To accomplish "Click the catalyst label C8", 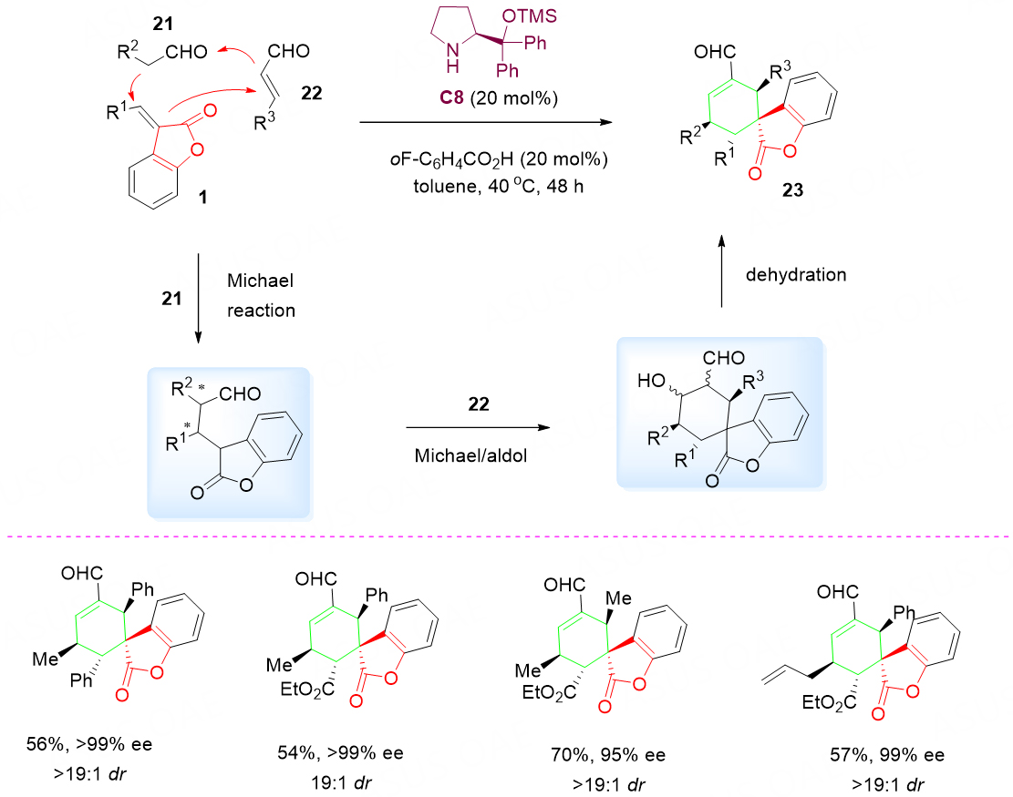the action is point(451,97).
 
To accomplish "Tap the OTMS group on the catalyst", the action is point(529,15).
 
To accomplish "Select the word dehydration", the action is point(796,275).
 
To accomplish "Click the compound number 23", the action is point(792,189).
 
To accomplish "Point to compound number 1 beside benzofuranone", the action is point(202,196).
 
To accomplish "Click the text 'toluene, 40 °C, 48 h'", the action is point(498,187).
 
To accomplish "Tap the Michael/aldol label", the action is point(471,455).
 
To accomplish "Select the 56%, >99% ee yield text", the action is point(89,744).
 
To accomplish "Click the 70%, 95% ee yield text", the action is point(608,755).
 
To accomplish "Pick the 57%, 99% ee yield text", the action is point(887,755).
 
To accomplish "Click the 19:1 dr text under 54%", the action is point(341,782).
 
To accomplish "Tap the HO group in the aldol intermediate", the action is point(651,382).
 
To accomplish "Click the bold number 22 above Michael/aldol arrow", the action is point(479,404).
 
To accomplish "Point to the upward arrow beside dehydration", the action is point(721,271).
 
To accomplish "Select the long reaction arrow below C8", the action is point(486,122).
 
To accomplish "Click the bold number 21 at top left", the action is point(163,24).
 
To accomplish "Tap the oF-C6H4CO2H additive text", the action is point(499,158).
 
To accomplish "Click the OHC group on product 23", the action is point(715,52).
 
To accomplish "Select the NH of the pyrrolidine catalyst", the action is point(453,56).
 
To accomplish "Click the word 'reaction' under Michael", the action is point(261,311).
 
